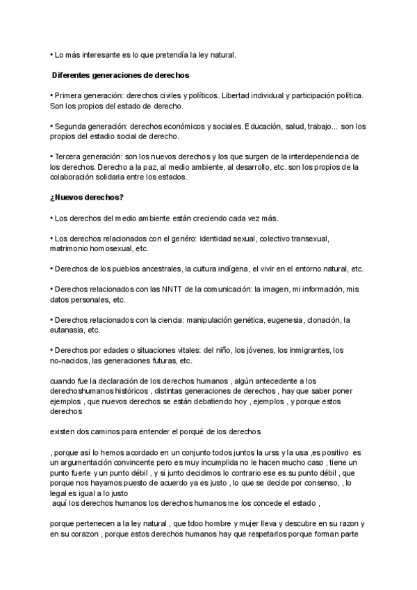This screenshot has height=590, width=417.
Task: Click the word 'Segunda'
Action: pyautogui.click(x=70, y=126)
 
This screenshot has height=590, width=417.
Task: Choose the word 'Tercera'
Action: pyautogui.click(x=69, y=157)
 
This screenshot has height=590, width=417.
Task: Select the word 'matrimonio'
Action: pyautogui.click(x=72, y=248)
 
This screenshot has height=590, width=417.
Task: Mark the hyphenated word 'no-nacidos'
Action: pyautogui.click(x=69, y=361)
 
